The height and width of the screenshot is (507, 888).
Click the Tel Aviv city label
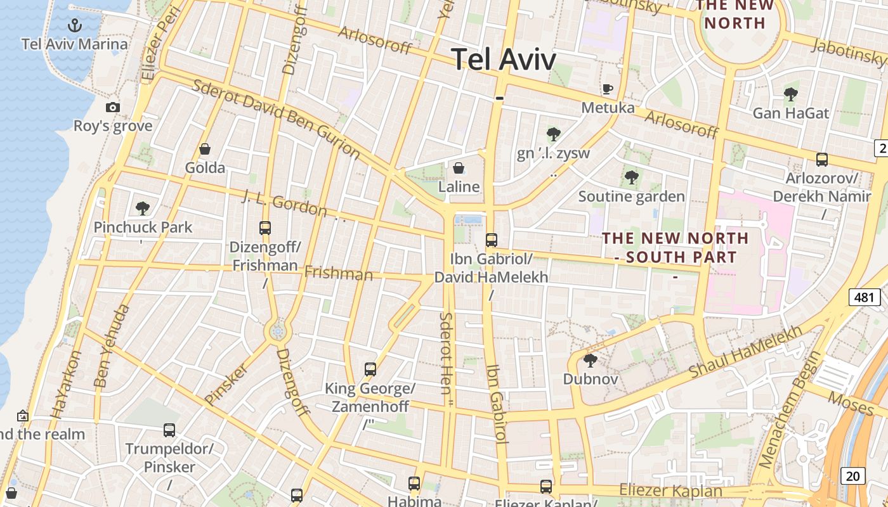504,60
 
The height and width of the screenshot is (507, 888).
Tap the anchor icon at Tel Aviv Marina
75,26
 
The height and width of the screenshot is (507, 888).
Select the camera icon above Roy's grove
113,108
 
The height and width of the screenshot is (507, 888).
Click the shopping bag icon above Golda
205,150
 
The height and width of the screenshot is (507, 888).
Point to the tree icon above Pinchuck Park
143,208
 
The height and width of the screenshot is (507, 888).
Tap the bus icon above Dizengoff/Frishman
265,228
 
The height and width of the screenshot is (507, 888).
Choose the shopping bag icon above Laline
459,168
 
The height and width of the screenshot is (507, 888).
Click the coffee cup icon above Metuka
608,89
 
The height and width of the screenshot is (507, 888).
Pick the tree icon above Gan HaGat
790,95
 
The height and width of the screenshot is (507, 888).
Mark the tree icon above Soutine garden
631,177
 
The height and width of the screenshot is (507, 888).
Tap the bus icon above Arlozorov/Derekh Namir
822,160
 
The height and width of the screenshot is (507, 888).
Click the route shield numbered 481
863,297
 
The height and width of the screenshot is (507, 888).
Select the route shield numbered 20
854,475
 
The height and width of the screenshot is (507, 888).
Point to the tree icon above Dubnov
591,361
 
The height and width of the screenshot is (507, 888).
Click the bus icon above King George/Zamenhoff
370,369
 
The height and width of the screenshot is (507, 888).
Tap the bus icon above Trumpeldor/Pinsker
169,430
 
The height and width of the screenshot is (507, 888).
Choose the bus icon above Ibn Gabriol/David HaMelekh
492,240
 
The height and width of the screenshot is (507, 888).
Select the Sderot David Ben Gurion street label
277,119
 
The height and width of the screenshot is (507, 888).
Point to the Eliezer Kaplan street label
670,491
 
